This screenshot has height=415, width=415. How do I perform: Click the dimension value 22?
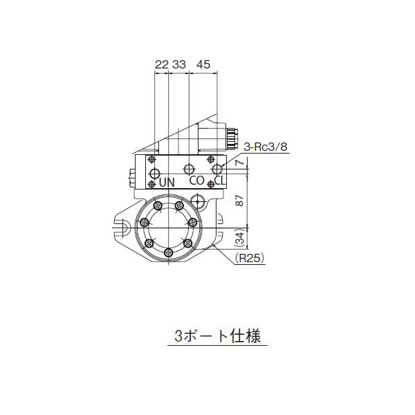click(161, 64)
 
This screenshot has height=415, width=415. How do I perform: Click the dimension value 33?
click(178, 64)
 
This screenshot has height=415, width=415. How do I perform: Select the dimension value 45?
click(203, 64)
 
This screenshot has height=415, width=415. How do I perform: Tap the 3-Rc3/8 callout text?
click(266, 146)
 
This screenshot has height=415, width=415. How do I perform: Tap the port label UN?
click(167, 183)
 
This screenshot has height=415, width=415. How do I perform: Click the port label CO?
click(196, 181)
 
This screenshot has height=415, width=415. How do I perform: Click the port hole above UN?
click(156, 173)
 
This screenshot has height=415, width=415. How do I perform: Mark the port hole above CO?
click(190, 169)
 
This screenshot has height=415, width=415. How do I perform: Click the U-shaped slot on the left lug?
click(123, 225)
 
